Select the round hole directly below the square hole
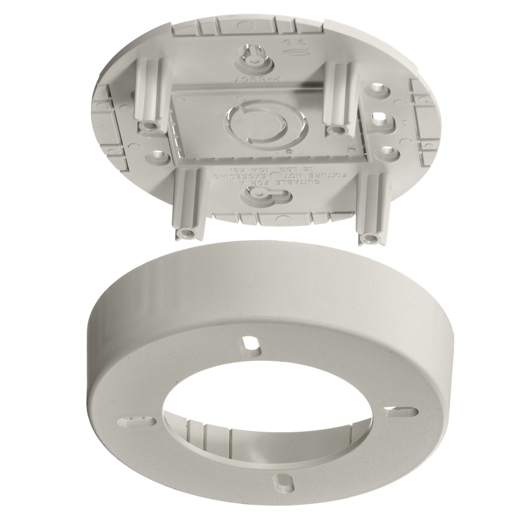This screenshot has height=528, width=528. pos(387,153)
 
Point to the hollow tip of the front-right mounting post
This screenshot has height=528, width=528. pos(370,238)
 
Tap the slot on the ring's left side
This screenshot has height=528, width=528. pos(137,422)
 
